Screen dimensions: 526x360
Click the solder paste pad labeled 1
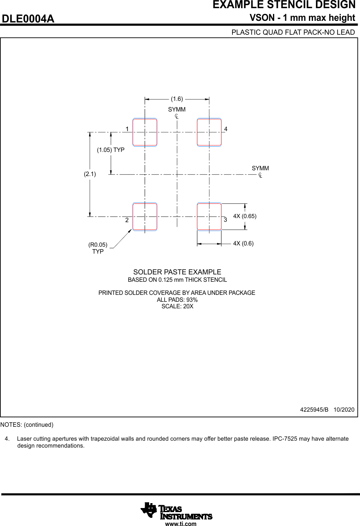click(145, 132)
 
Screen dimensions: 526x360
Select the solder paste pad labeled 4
click(209, 132)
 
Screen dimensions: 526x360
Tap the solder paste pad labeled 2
click(145, 217)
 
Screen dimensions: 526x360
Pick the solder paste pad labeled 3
click(209, 217)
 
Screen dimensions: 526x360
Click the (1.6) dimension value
click(177, 99)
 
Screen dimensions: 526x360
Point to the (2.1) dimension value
click(90, 174)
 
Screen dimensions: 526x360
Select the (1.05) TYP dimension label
click(111, 150)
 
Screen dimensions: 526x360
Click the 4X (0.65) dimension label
click(245, 216)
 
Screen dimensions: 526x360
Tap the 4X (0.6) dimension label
click(243, 243)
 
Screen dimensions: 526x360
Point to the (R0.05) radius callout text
click(98, 245)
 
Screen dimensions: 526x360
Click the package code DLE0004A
click(28, 19)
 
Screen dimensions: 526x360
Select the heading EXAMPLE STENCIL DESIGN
click(284, 5)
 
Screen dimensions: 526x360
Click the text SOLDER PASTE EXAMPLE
click(177, 272)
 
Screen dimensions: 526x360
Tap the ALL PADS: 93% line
click(177, 300)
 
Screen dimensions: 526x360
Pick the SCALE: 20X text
click(177, 306)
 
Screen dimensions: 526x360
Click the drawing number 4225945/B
click(314, 410)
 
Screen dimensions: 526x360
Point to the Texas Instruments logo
click(177, 511)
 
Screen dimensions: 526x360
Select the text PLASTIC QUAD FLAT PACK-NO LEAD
click(293, 32)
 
